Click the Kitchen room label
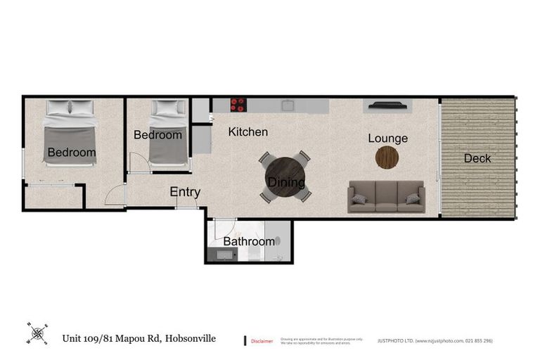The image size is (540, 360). pyautogui.click(x=247, y=131)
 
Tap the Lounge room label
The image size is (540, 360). pyautogui.click(x=387, y=139)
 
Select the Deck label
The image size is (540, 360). pyautogui.click(x=477, y=158)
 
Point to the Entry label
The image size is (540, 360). pyautogui.click(x=185, y=192)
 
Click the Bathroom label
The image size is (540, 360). pyautogui.click(x=248, y=241)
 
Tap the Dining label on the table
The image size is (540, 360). pyautogui.click(x=286, y=183)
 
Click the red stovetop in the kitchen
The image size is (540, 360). pyautogui.click(x=238, y=105)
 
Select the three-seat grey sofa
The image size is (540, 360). pyautogui.click(x=386, y=196)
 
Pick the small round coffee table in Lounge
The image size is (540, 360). pyautogui.click(x=387, y=157)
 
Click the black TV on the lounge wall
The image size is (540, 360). pyautogui.click(x=387, y=106)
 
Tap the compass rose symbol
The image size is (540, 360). pyautogui.click(x=37, y=333)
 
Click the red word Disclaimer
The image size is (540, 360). pyautogui.click(x=262, y=340)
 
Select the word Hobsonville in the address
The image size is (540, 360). pyautogui.click(x=191, y=338)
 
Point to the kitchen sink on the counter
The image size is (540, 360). pyautogui.click(x=288, y=105)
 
